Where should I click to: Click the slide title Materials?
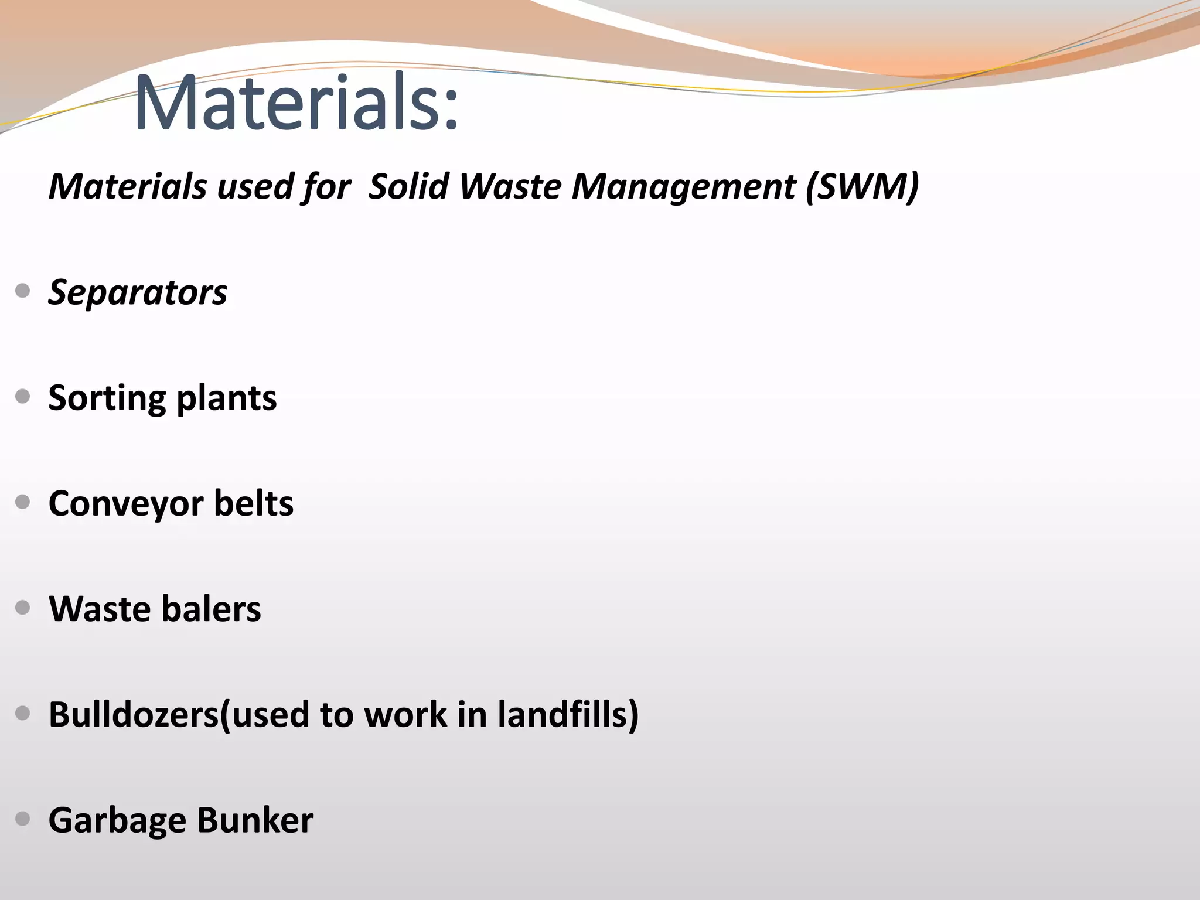pos(296,103)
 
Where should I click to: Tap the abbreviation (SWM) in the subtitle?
pos(862,187)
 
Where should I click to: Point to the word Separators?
pos(138,292)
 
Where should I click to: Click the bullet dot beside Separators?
pos(23,291)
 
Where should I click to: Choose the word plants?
pos(226,399)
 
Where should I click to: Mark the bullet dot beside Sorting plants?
pos(23,397)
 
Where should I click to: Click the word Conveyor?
pos(126,504)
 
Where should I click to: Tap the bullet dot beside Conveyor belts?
pos(23,502)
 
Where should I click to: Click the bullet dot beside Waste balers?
pos(23,608)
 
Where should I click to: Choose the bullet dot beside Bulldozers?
pos(23,713)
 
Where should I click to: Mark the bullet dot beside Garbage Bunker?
pos(23,819)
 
